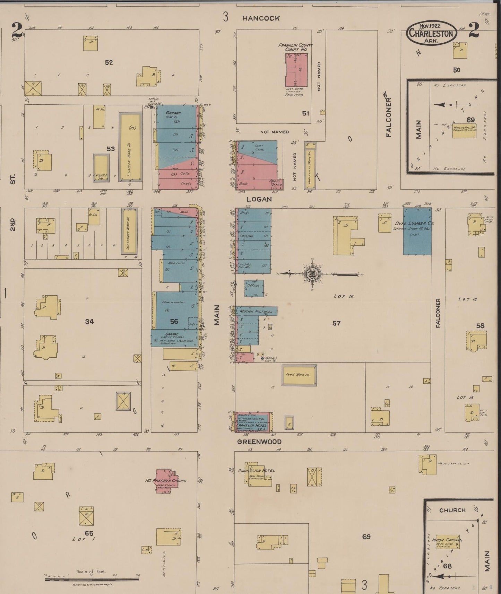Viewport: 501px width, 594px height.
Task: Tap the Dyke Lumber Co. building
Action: coord(417,232)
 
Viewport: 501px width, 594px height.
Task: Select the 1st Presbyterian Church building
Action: coord(166,480)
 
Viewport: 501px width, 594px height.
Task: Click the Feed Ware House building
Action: coord(299,375)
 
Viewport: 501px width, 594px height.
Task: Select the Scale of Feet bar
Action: coord(92,579)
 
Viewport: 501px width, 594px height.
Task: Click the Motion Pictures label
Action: coord(256,311)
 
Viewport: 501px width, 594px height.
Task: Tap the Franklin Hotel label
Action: coord(251,425)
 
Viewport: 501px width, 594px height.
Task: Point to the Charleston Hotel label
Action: coord(256,470)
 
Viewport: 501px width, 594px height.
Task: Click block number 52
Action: coord(109,62)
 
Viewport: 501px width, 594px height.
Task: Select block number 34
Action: coord(89,322)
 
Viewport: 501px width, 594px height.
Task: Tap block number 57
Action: coord(336,323)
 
